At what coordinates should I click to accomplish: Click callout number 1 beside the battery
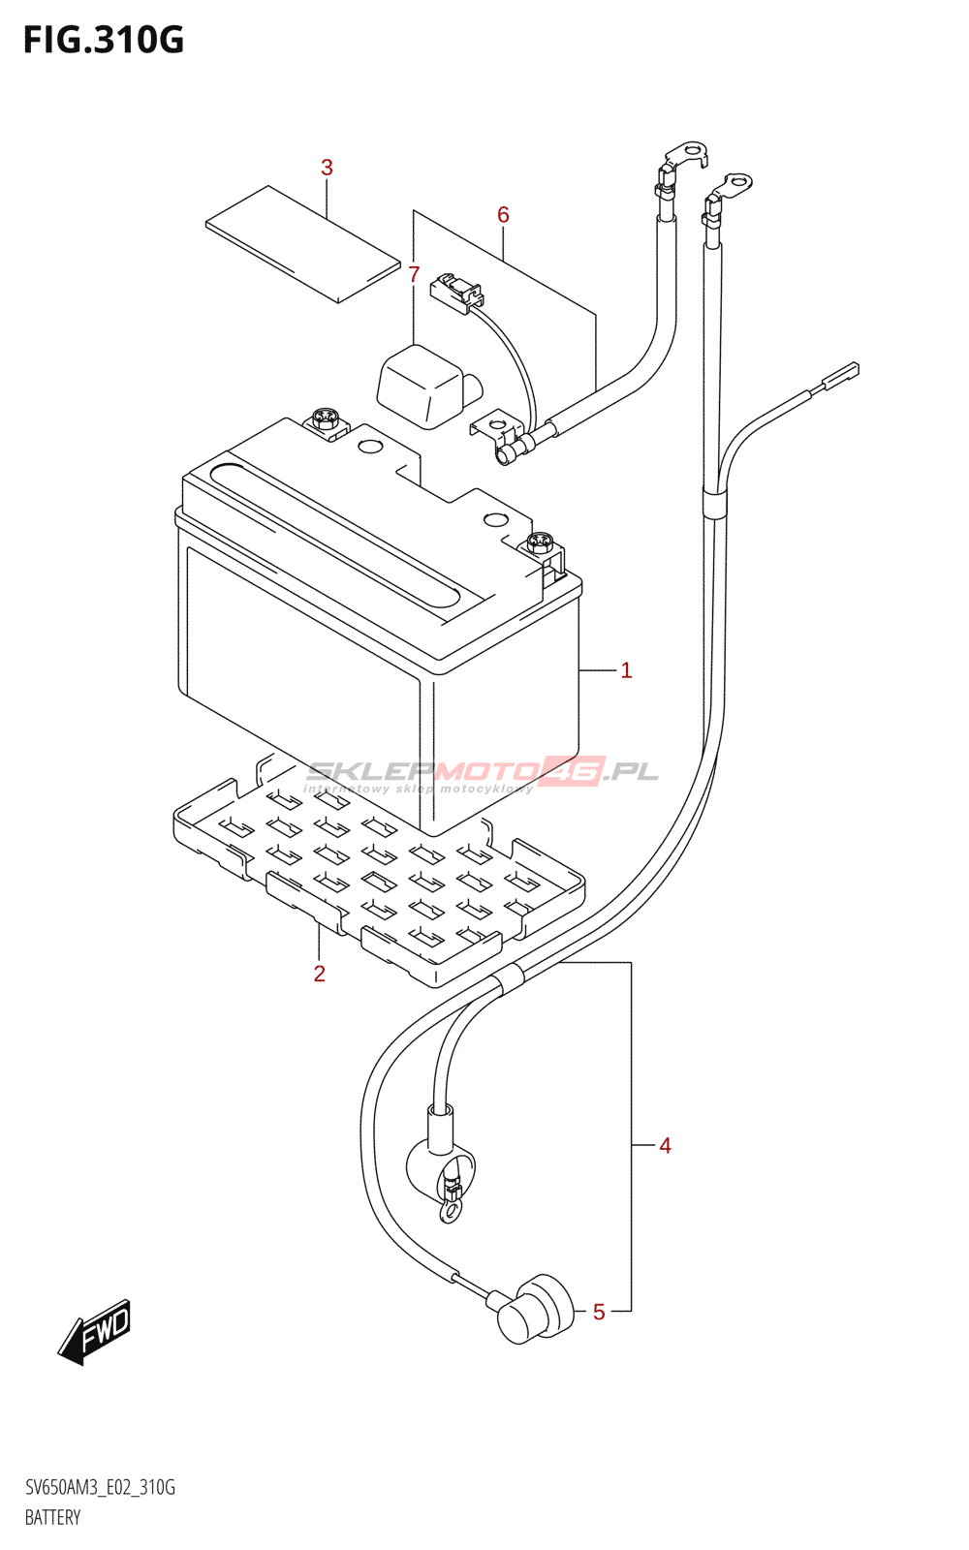626,669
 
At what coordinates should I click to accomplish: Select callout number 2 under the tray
320,974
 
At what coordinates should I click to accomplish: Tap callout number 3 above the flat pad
327,168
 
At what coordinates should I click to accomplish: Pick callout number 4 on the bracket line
665,1146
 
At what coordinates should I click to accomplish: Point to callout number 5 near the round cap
599,1312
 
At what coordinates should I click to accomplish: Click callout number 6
503,214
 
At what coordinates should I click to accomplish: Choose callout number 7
414,275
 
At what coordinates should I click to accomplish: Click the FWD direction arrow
94,1331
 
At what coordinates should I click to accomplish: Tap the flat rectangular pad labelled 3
302,244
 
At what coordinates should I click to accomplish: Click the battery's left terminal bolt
325,419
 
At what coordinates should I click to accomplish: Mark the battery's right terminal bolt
540,542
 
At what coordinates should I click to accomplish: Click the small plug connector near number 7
455,291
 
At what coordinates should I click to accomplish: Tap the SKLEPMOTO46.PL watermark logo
483,773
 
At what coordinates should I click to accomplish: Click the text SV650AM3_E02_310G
100,1488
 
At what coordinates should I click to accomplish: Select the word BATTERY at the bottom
53,1517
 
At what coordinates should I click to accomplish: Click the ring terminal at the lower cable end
450,1210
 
